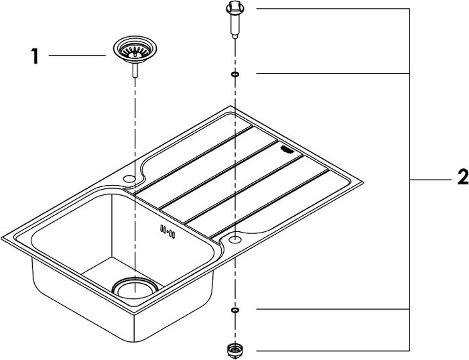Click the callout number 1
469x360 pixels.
(x=35, y=56)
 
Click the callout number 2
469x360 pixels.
(x=463, y=177)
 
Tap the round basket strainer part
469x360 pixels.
(x=135, y=50)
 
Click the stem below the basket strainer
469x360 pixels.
(x=135, y=70)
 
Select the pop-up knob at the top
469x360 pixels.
(x=235, y=19)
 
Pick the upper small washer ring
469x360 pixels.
(x=235, y=74)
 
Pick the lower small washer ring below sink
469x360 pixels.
(x=235, y=310)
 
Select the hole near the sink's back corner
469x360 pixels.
(x=129, y=178)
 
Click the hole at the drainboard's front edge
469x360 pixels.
(x=234, y=239)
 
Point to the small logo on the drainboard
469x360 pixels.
(x=287, y=149)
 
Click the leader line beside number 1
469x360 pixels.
(x=77, y=55)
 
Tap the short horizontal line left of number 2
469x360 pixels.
(x=430, y=180)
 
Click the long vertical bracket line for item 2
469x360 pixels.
(x=409, y=180)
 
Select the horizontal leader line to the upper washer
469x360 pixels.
(x=333, y=73)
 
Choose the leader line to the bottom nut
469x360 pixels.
(x=333, y=351)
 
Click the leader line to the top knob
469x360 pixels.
(x=333, y=9)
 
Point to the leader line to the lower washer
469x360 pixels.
(x=333, y=309)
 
